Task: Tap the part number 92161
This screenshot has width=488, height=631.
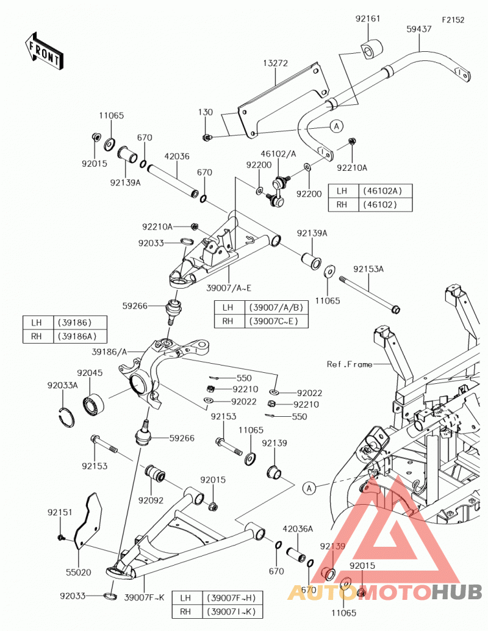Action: click(x=367, y=18)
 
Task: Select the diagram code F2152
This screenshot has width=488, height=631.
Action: click(x=453, y=20)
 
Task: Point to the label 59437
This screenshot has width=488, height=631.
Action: click(x=419, y=29)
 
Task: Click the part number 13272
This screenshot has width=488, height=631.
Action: click(x=276, y=63)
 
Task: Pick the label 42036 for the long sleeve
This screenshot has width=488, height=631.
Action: click(x=177, y=156)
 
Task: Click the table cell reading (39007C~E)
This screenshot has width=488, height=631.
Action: click(x=276, y=321)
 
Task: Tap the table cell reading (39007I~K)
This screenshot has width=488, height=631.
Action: click(x=231, y=611)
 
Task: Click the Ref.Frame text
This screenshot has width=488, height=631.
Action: click(x=350, y=364)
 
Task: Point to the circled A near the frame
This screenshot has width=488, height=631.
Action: click(x=309, y=488)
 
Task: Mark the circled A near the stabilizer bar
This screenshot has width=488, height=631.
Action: click(x=336, y=126)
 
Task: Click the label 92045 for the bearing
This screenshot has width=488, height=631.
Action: click(x=90, y=373)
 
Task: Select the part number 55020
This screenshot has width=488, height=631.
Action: click(x=79, y=572)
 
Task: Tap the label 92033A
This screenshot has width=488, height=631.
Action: click(x=62, y=386)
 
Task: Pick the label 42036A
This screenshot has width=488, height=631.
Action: click(x=298, y=529)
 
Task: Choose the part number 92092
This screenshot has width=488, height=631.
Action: click(x=151, y=500)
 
